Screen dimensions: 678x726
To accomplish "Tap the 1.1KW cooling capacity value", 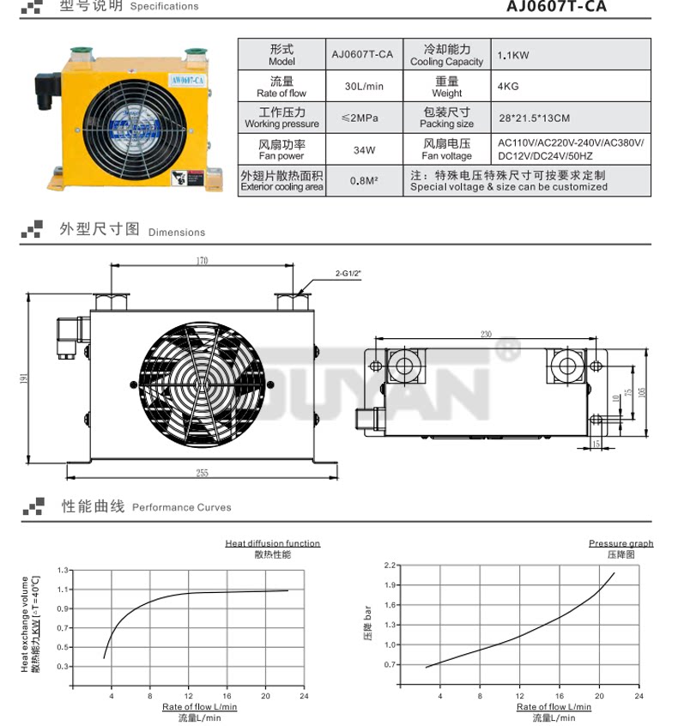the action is (514, 56).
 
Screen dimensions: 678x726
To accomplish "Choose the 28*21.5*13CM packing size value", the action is (534, 118).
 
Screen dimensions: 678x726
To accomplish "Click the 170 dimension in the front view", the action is (203, 261).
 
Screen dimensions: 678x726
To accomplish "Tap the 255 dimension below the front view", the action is (203, 473).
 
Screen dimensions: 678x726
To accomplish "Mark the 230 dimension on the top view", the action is (487, 334).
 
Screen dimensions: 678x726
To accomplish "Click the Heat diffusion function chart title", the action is (272, 543).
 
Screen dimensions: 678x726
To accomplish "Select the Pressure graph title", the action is (620, 543).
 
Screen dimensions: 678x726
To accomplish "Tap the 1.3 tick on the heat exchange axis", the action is (62, 570).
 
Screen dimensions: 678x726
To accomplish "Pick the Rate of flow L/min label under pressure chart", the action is (554, 707).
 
